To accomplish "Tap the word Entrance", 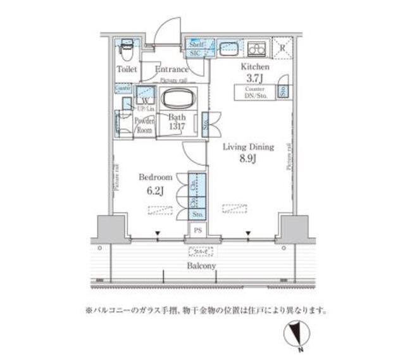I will click(171, 69).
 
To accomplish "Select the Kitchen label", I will click(256, 66).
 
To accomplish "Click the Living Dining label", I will click(249, 147).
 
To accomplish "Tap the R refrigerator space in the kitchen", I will click(282, 47).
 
